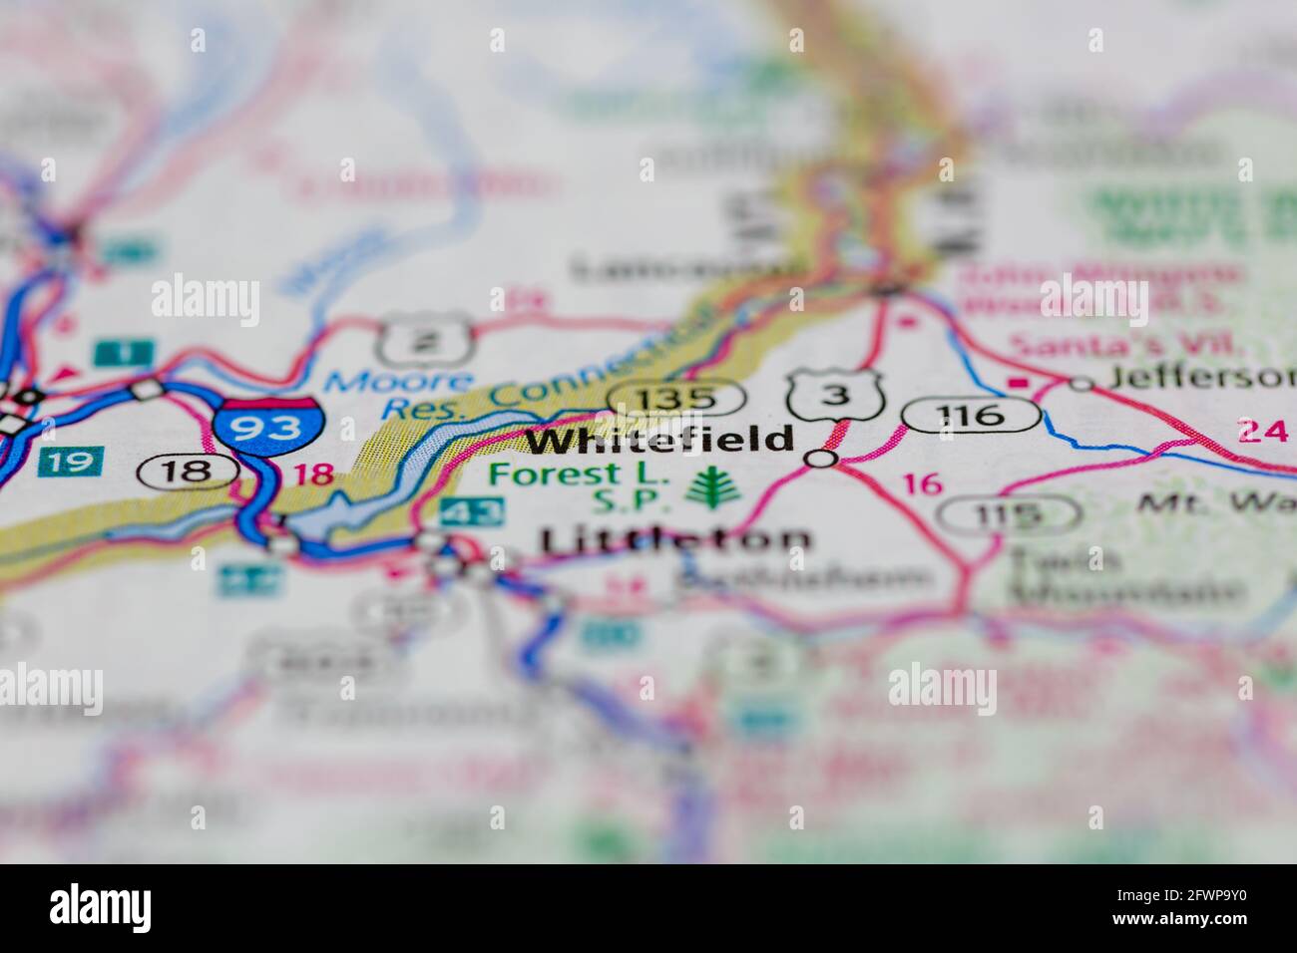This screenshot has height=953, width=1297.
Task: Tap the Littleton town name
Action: (675, 539)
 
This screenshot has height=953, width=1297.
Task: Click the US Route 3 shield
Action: (836, 395)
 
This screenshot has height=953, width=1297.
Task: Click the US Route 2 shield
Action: (424, 341)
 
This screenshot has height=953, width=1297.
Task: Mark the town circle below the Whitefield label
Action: (820, 459)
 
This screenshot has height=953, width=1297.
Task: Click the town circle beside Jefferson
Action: (1081, 383)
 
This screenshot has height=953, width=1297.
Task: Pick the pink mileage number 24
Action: (1261, 431)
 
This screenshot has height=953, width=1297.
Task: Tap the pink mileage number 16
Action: (922, 484)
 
